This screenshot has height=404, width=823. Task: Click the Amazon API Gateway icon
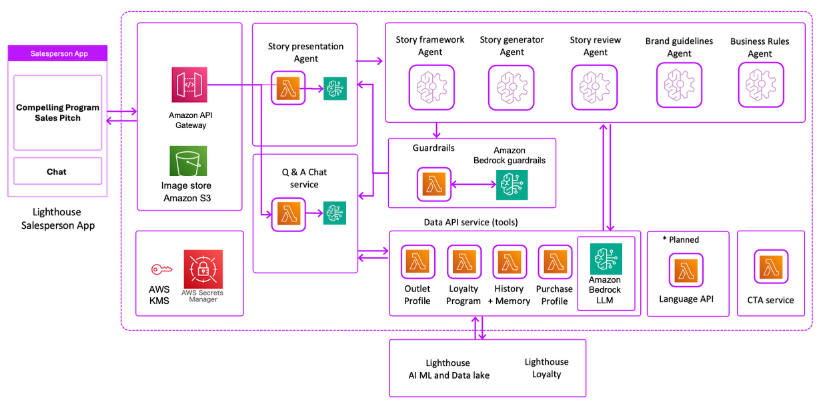(189, 85)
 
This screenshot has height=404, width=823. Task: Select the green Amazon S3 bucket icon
(188, 161)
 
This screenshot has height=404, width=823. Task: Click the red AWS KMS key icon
(161, 269)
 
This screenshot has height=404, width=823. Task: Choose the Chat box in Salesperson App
(57, 171)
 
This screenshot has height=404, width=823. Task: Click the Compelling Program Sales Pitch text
(57, 113)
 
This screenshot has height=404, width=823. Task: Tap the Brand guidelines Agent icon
(679, 85)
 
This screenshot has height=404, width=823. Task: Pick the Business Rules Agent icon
(760, 85)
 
